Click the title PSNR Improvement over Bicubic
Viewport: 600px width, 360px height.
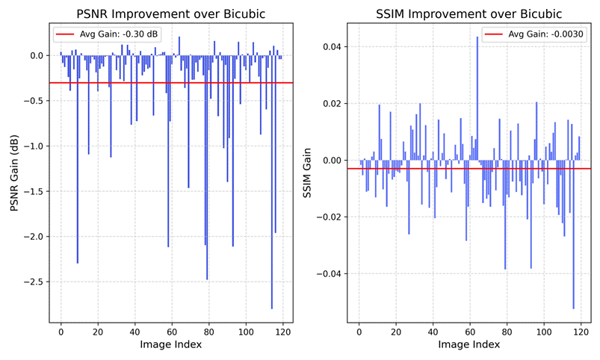(170, 13)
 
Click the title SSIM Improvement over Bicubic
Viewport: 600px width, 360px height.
(468, 13)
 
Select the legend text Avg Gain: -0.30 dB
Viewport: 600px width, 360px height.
(119, 34)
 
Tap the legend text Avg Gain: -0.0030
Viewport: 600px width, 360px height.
(545, 34)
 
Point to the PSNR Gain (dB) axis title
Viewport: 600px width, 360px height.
(14, 173)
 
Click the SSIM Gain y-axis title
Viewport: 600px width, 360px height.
(307, 173)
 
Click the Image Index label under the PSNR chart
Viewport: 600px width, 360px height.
(170, 344)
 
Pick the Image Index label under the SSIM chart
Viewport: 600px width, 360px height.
(468, 344)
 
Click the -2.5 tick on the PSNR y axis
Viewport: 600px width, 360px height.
(33, 282)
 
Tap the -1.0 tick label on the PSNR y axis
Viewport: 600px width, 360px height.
(33, 146)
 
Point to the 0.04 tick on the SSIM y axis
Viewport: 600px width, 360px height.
(333, 46)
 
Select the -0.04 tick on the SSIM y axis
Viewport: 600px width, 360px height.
(329, 273)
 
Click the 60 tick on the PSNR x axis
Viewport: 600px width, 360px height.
(172, 332)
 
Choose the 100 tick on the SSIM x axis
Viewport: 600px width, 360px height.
(544, 332)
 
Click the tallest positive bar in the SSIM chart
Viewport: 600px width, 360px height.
(477, 99)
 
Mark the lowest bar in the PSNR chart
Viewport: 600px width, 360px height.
(272, 182)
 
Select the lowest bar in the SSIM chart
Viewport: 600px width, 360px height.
(574, 235)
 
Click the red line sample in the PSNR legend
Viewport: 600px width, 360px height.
(65, 34)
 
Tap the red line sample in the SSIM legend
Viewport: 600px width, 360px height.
(494, 34)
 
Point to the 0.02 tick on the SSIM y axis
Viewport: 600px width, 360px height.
(333, 103)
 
